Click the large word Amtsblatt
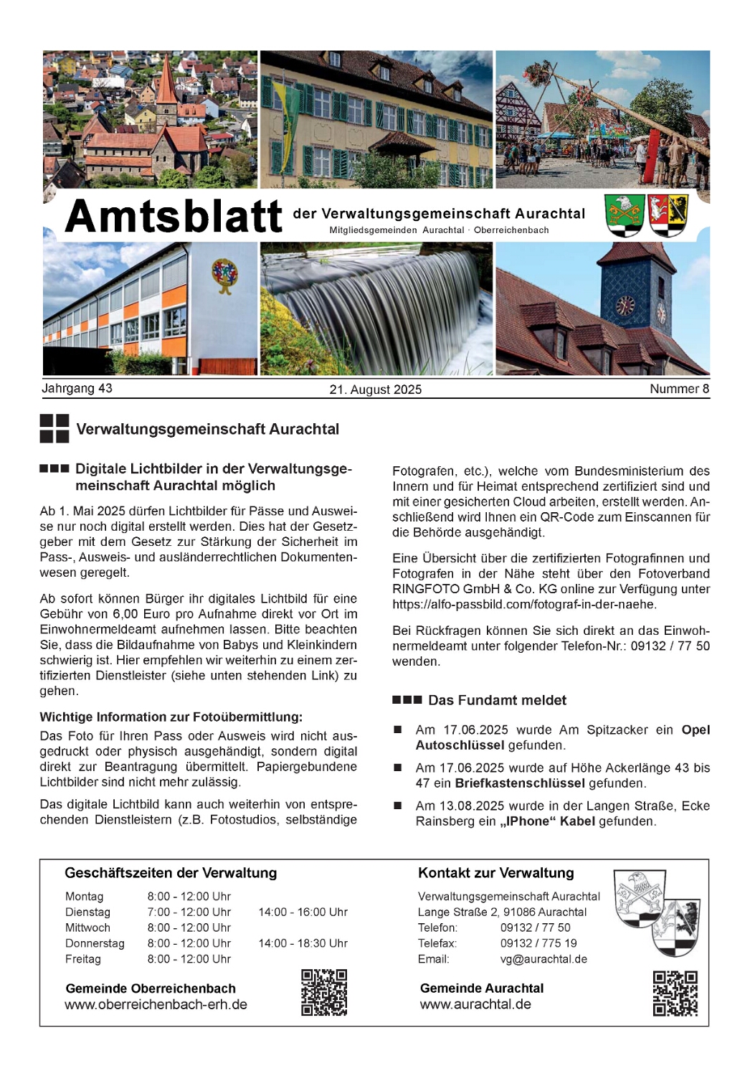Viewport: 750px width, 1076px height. [x=174, y=216]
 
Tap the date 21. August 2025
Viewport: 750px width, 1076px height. [x=375, y=390]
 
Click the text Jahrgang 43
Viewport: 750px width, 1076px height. [x=77, y=388]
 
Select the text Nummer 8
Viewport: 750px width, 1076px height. [x=679, y=389]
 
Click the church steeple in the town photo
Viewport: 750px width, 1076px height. [x=166, y=82]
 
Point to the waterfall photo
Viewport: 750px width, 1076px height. [x=376, y=308]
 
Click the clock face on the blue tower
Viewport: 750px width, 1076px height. [x=625, y=305]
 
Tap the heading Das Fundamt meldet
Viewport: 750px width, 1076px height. [x=497, y=700]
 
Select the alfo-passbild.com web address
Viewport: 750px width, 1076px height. [x=524, y=605]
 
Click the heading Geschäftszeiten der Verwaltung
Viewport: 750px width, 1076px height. [x=171, y=873]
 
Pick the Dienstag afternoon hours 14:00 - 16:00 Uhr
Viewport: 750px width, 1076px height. [x=303, y=912]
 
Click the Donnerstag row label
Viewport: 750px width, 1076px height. [x=95, y=943]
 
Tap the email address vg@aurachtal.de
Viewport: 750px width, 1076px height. [x=543, y=959]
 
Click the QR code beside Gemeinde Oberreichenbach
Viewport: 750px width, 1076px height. [x=324, y=992]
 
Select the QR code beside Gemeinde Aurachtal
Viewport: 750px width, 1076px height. [x=675, y=993]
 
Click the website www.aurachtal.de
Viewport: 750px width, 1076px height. [x=475, y=1004]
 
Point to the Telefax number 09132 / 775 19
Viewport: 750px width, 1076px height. [x=538, y=943]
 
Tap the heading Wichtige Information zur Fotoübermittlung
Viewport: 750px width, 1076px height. [x=171, y=717]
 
